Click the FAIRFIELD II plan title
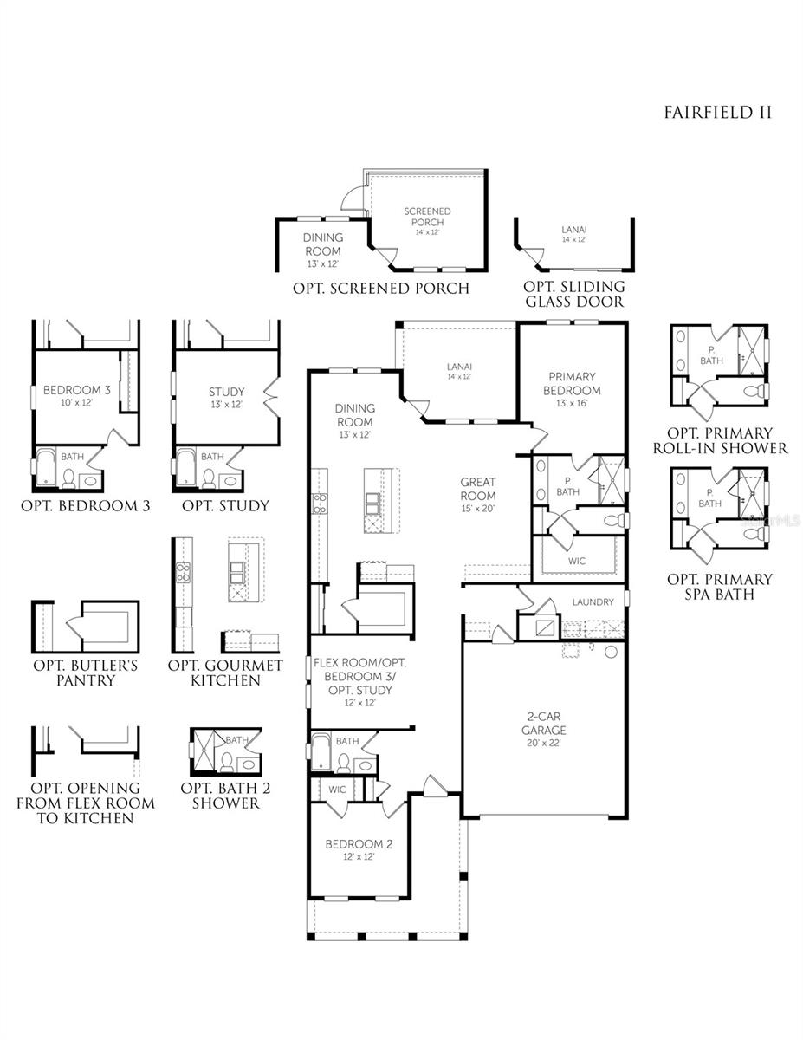coord(717,113)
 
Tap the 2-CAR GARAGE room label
coord(544,723)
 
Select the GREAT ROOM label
coord(478,489)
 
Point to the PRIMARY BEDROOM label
coord(572,383)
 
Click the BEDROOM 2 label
coord(359,844)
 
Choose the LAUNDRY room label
coord(593,601)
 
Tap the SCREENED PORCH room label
coord(427,217)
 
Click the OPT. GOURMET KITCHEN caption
coord(225,673)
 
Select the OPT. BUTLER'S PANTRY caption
coord(86,673)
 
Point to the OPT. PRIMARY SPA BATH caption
coord(720,586)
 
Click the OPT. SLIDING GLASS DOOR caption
coord(574,294)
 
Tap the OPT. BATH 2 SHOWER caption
coord(226,795)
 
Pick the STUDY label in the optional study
coord(226,392)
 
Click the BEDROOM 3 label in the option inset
coord(76,390)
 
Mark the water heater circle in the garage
coord(611,652)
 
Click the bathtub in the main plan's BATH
coord(321,753)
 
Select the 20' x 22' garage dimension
coord(543,743)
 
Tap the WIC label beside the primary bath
coord(577,561)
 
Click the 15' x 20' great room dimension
coord(477,508)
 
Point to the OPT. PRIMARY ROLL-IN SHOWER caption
coord(720,440)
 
